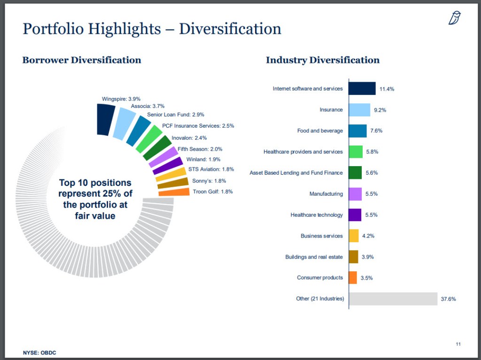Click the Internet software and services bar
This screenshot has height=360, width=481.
click(362, 89)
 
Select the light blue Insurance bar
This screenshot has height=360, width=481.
click(359, 110)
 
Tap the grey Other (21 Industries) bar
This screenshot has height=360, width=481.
click(394, 299)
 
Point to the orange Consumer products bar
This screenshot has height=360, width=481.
click(353, 278)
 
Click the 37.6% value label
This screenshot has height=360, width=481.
click(448, 299)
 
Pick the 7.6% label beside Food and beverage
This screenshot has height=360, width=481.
click(376, 131)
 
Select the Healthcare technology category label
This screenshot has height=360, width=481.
click(317, 215)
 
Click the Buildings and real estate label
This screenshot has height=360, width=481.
click(314, 257)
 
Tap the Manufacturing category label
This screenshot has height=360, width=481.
click(326, 194)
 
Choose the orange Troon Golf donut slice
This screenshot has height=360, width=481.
click(174, 191)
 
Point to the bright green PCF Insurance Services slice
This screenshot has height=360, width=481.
click(148, 139)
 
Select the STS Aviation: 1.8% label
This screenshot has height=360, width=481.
click(211, 169)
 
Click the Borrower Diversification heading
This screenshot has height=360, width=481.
click(82, 60)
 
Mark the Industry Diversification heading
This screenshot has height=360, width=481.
click(323, 60)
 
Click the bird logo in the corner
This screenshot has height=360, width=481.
click(454, 18)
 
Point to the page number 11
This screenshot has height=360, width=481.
click(458, 345)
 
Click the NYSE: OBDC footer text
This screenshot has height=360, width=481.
click(40, 352)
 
